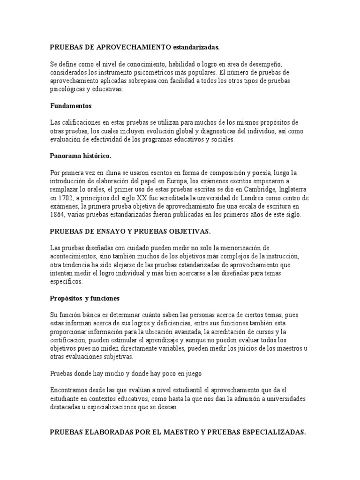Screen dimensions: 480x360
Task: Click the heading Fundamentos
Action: point(71,106)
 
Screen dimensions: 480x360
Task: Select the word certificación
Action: point(68,340)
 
